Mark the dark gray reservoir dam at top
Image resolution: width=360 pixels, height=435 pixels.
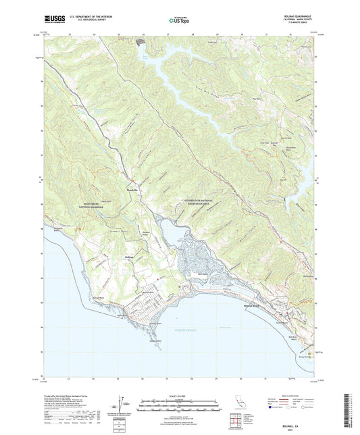tap(141, 43)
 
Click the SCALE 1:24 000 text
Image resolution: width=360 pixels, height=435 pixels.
tap(179, 396)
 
